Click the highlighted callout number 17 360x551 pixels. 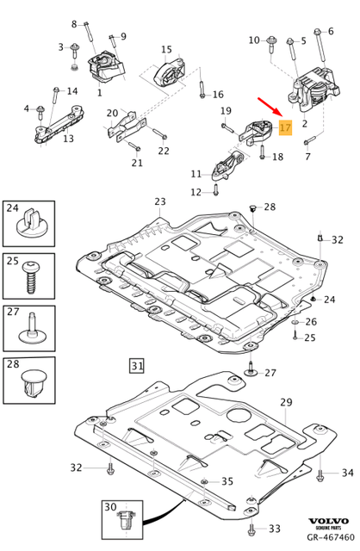coord(286,128)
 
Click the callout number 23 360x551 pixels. coord(159,202)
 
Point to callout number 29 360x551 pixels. coord(286,403)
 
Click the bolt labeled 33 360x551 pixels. coord(251,528)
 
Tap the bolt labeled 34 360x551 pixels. coord(320,473)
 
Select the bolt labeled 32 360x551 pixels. coord(111,468)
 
